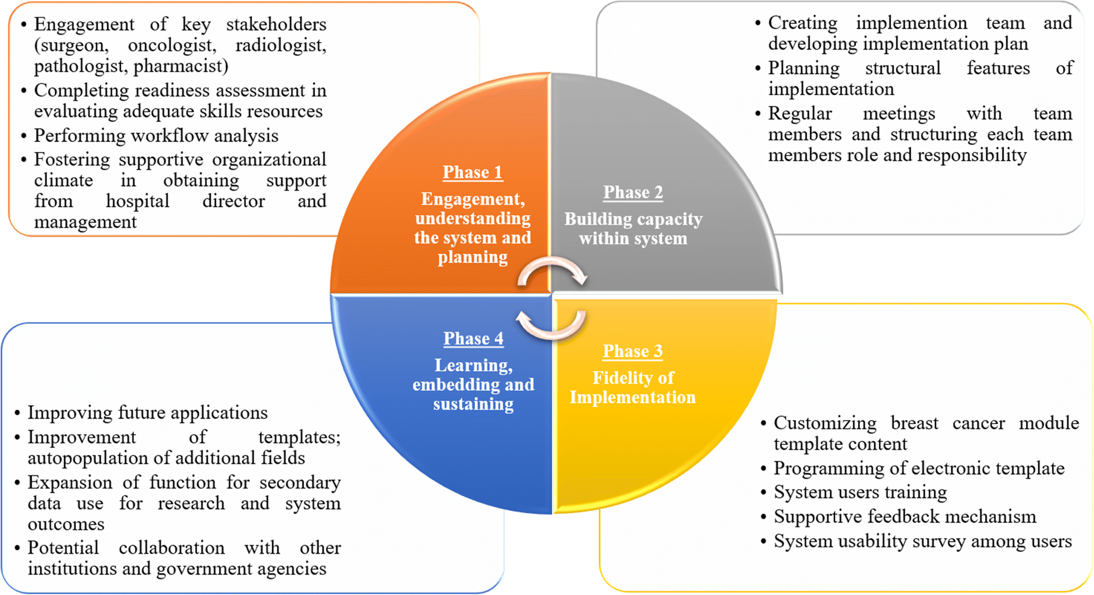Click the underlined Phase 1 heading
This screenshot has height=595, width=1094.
472,172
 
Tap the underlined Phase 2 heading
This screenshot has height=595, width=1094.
633,193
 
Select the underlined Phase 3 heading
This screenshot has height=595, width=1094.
632,352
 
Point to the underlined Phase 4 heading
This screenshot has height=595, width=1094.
473,339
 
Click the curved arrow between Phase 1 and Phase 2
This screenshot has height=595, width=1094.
552,271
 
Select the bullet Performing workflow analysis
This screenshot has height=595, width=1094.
156,136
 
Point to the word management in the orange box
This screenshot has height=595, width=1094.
85,222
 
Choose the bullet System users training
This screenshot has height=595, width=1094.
860,493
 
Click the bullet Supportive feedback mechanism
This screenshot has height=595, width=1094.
905,517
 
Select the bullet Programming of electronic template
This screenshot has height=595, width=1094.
919,469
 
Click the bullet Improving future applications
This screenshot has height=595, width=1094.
147,413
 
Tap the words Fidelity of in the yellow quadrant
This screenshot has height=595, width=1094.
633,378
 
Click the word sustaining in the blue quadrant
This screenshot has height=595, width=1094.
473,404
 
